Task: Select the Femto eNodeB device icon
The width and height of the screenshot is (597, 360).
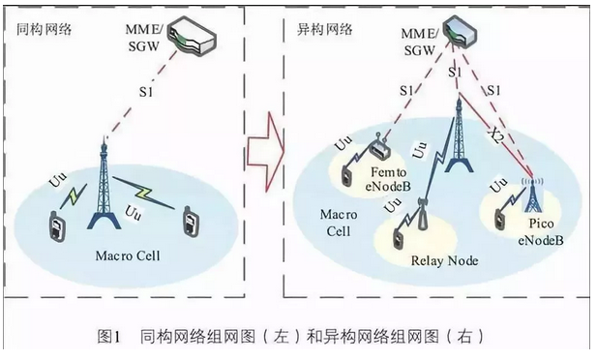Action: (x=379, y=149)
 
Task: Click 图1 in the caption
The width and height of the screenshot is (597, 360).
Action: (x=107, y=337)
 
